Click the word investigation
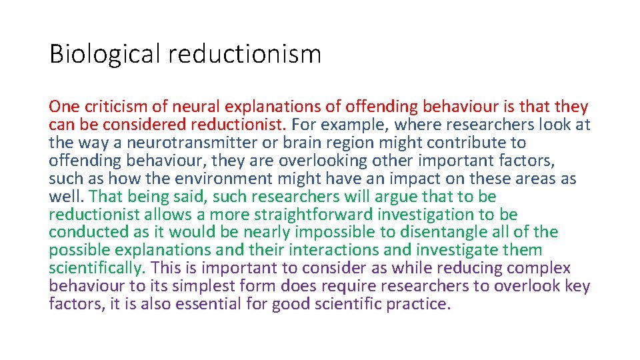(x=423, y=215)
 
